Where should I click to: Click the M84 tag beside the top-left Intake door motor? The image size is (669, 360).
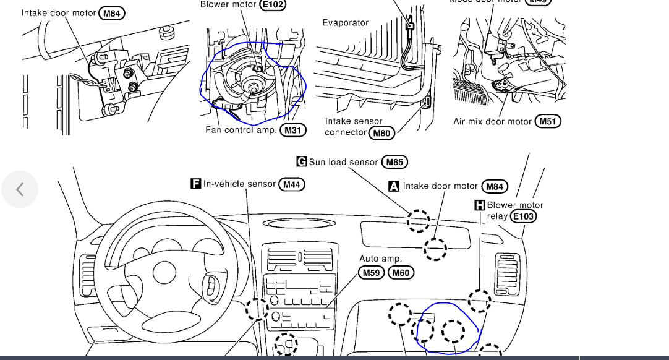(x=111, y=13)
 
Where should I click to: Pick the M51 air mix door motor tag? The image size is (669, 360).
(x=548, y=121)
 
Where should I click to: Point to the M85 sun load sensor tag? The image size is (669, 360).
(x=394, y=162)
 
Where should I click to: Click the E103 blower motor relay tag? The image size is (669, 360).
(x=523, y=216)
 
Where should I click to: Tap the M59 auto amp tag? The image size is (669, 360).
(x=372, y=272)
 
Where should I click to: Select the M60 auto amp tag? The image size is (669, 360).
(x=401, y=272)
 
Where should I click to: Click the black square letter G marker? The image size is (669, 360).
(x=302, y=162)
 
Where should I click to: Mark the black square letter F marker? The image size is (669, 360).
(x=195, y=184)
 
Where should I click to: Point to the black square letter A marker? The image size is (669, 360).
(x=394, y=186)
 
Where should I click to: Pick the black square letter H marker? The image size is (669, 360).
(x=479, y=205)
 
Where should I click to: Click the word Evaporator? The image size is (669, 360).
(x=345, y=23)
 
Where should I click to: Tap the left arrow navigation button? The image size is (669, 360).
(x=20, y=189)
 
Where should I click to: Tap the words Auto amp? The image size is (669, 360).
(x=380, y=258)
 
